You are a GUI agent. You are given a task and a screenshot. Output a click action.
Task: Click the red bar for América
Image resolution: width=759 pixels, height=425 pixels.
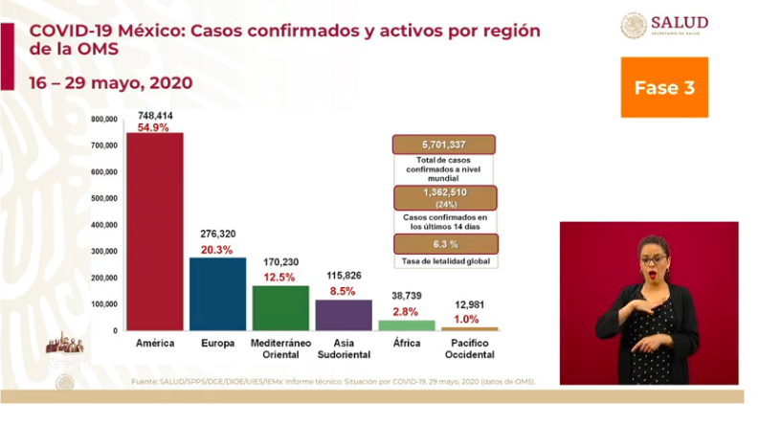tap(154, 232)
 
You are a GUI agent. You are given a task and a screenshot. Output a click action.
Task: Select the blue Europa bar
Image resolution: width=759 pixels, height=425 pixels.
tap(216, 293)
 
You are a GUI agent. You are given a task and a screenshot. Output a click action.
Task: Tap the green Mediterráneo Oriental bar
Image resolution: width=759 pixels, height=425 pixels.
tap(279, 307)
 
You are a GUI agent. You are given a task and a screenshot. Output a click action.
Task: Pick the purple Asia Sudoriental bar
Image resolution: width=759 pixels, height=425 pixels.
tap(343, 314)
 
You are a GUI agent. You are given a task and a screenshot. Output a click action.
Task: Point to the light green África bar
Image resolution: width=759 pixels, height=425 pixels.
tap(406, 325)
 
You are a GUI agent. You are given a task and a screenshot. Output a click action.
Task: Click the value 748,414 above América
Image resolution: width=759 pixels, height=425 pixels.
tap(154, 113)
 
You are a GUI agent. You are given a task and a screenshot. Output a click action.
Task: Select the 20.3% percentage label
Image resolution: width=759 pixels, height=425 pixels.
tap(216, 248)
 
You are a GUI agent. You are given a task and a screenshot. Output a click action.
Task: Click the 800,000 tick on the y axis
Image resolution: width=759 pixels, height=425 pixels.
tap(104, 120)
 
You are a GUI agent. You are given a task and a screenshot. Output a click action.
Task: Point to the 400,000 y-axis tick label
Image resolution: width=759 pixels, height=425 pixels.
tap(104, 225)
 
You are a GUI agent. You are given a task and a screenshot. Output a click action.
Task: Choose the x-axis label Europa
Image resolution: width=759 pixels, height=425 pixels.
tap(216, 341)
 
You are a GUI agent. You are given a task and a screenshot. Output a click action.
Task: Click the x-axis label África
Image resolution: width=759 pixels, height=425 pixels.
tap(406, 341)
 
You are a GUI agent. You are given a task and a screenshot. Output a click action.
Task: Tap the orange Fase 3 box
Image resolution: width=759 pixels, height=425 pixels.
tap(663, 87)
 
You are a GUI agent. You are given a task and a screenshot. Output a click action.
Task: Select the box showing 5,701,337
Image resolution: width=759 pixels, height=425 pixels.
tap(443, 145)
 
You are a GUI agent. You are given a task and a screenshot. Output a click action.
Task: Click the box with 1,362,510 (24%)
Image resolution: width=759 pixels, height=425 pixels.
tap(443, 197)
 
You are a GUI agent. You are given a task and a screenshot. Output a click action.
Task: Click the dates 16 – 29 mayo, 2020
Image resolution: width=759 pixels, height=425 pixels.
tap(105, 82)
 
